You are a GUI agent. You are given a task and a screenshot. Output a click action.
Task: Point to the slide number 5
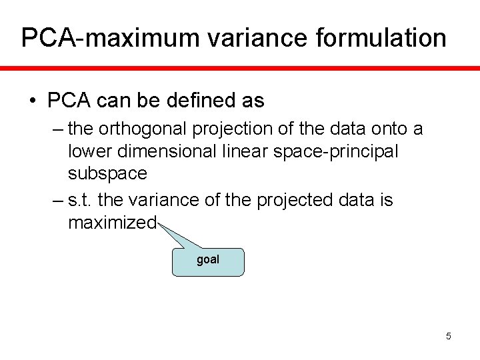[449, 336]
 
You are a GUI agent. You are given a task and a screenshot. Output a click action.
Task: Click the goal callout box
[208, 261]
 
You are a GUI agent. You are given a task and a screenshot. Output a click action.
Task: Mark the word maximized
[112, 222]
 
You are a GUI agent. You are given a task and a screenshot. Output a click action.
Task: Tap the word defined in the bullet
[191, 101]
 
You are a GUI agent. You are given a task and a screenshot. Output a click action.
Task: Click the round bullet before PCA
[32, 101]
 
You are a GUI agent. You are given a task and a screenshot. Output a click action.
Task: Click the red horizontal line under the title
[240, 67]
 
